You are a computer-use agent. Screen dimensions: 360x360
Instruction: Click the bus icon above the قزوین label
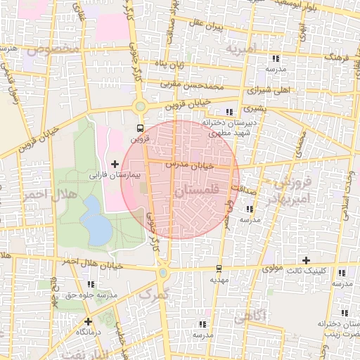(140, 129)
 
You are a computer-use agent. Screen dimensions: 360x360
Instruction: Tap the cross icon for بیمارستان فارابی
(115, 164)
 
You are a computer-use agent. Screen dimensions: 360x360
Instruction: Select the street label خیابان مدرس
(188, 164)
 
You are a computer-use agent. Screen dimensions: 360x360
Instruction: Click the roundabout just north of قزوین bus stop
(141, 107)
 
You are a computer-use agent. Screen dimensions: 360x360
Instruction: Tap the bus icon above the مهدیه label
(219, 269)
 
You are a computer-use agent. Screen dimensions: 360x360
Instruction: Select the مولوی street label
(271, 268)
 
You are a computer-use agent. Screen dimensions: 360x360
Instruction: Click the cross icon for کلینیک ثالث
(342, 272)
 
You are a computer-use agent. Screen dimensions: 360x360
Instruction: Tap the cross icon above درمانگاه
(88, 321)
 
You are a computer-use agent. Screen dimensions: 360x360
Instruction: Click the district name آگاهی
(249, 316)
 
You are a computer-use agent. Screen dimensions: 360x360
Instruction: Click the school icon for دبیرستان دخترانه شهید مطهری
(229, 112)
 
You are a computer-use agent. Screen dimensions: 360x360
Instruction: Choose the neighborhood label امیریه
(243, 50)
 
